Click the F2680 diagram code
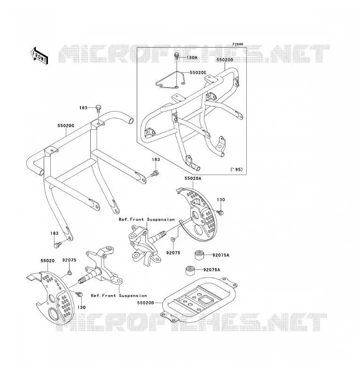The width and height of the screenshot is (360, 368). click(x=238, y=44)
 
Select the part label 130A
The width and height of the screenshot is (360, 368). click(x=192, y=57)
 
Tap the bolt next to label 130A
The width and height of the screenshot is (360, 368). click(x=177, y=56)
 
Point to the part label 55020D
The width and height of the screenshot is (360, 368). click(x=225, y=60)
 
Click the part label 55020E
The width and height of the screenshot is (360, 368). click(x=198, y=72)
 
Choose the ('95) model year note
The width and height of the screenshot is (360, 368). click(x=236, y=169)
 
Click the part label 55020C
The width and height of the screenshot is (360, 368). click(x=66, y=126)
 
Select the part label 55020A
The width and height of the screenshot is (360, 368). click(x=193, y=178)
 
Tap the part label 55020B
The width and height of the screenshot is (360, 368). click(x=146, y=303)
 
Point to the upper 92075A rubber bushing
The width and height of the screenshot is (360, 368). click(x=199, y=255)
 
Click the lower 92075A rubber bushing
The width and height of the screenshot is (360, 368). click(x=190, y=270)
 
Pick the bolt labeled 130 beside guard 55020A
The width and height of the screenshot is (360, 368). click(x=220, y=213)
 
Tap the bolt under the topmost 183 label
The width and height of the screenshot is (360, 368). click(x=98, y=109)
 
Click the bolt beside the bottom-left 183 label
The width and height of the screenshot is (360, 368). click(x=58, y=245)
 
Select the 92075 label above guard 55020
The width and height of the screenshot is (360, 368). click(x=69, y=260)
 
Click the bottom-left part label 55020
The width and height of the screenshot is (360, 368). click(x=47, y=261)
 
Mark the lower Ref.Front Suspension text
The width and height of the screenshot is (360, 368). click(x=119, y=296)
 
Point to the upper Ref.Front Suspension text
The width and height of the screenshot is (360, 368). click(x=147, y=219)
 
